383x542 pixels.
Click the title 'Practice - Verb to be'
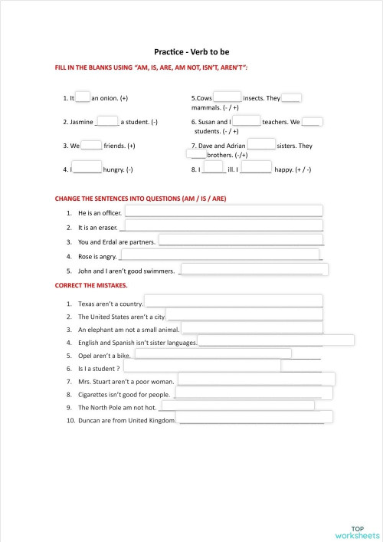point(191,52)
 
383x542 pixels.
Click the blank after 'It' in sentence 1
point(83,97)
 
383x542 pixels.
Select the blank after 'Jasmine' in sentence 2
point(107,120)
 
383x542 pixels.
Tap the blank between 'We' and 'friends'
point(91,144)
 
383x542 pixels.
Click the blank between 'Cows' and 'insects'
point(227,97)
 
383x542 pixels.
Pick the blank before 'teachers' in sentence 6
point(247,120)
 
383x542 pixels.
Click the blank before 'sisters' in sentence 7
point(261,144)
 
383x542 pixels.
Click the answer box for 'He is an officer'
point(224,211)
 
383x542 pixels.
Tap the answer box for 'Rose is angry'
point(221,255)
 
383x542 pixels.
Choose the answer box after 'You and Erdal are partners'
point(240,241)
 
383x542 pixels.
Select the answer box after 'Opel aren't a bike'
point(212,353)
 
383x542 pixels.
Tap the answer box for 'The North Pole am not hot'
point(237,406)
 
